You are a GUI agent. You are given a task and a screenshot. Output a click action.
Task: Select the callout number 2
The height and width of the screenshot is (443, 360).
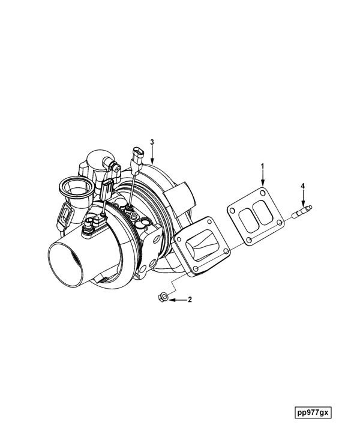point(190,298)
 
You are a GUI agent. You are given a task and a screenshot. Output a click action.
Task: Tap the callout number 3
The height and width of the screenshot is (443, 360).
point(152,142)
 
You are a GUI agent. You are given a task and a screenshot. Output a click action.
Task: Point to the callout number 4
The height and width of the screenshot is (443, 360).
point(303,187)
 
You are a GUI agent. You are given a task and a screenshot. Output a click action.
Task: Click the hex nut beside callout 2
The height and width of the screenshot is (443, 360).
point(162,297)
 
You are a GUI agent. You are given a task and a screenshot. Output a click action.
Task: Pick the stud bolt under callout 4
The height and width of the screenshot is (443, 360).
point(301,211)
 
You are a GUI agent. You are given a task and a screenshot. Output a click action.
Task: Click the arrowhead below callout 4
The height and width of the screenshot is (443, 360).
point(303,202)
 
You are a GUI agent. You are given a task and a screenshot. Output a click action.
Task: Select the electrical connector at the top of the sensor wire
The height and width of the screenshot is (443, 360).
point(137,155)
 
